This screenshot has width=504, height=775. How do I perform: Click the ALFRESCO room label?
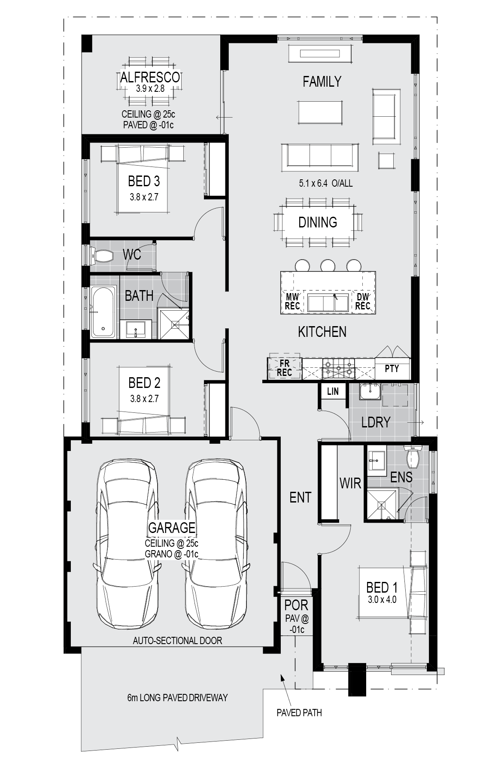(150, 77)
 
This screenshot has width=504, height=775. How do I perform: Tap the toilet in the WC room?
(101, 256)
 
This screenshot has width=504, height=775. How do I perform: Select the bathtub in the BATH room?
(103, 311)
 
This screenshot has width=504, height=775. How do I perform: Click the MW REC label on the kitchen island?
(292, 301)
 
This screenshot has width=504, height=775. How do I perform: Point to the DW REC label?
(363, 301)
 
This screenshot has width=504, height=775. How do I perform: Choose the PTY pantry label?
(392, 368)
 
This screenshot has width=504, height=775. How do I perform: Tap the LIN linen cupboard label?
(333, 391)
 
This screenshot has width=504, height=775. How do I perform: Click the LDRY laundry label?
(376, 422)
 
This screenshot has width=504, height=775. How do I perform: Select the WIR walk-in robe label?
(350, 483)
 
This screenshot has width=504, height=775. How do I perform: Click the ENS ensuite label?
(401, 477)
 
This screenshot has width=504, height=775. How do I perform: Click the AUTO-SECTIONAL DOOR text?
(177, 641)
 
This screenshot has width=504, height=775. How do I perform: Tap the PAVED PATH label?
(299, 713)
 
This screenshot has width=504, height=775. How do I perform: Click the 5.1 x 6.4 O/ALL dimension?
(326, 183)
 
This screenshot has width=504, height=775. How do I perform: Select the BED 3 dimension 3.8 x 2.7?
(144, 197)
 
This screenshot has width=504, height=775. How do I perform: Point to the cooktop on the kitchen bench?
(339, 368)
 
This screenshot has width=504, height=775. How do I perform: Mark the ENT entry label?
(301, 497)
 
